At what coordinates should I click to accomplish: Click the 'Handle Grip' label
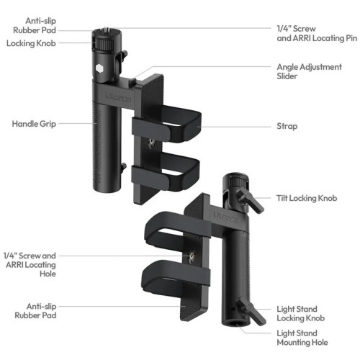(x=34, y=124)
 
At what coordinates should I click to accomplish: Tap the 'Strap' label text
(x=287, y=126)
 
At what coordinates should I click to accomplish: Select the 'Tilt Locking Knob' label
(x=307, y=198)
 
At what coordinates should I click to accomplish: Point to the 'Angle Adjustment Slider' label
(x=310, y=71)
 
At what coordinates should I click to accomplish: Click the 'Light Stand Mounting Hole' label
(x=302, y=338)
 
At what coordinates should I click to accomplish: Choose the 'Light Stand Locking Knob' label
(x=301, y=313)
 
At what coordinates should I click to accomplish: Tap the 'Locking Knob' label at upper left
(x=31, y=43)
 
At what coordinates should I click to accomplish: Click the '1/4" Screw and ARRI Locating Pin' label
(x=317, y=33)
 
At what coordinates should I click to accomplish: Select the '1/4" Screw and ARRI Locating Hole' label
(x=30, y=264)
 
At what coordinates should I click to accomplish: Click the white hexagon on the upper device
(x=99, y=68)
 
